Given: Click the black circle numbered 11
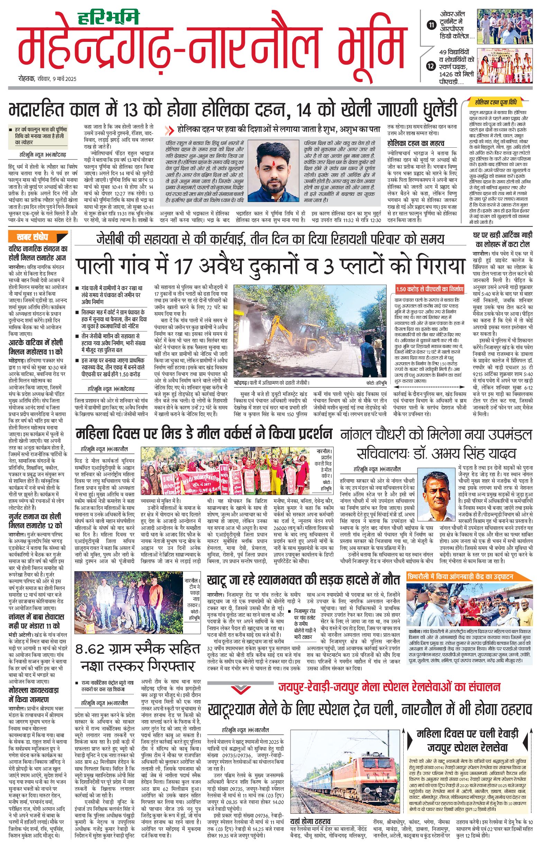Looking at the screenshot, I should pos(432,25).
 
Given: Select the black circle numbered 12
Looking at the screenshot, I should pos(432,66).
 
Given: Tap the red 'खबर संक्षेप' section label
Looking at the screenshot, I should pos(33,237).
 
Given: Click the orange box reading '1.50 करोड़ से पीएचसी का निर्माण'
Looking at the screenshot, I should pos(430,289).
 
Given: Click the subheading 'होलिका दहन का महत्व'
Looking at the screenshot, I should pos(416,143).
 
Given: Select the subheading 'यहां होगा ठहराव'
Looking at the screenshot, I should pos(310,821).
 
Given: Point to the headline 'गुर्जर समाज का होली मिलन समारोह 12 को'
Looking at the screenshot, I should pos(35,521).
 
